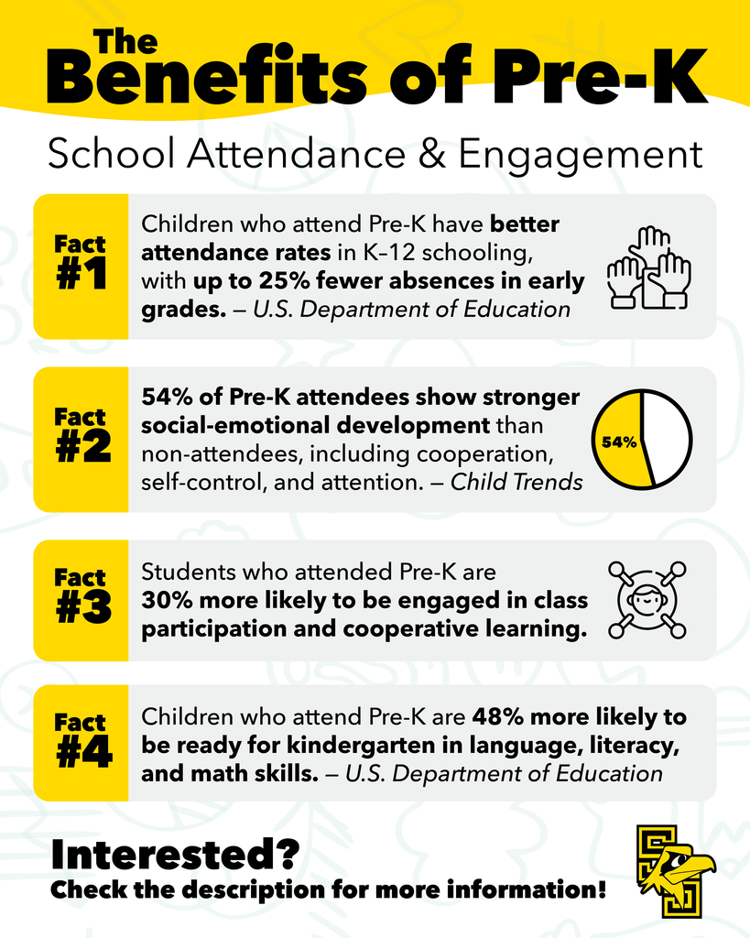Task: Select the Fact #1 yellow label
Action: click(81, 266)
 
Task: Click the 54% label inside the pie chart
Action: click(618, 442)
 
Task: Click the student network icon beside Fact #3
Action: click(647, 600)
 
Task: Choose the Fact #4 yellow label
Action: click(81, 743)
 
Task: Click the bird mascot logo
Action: click(675, 871)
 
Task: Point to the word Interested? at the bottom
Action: click(174, 854)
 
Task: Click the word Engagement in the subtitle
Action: click(581, 155)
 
